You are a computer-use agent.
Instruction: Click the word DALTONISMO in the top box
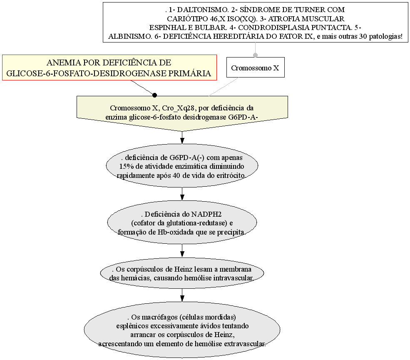203,10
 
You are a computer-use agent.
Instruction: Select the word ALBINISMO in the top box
130,36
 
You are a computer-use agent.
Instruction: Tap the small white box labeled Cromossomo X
255,67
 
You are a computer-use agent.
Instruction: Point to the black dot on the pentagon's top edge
154,95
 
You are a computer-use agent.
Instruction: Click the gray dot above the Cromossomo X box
256,55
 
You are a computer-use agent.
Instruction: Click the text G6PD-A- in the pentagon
243,117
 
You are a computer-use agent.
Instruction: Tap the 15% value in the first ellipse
125,167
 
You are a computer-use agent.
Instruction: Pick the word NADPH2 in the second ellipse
206,215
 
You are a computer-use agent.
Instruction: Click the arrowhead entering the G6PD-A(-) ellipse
182,140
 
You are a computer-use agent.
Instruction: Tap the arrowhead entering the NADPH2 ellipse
182,197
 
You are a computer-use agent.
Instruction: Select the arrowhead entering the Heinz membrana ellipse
182,254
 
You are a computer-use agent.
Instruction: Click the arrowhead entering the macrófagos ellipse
182,298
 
